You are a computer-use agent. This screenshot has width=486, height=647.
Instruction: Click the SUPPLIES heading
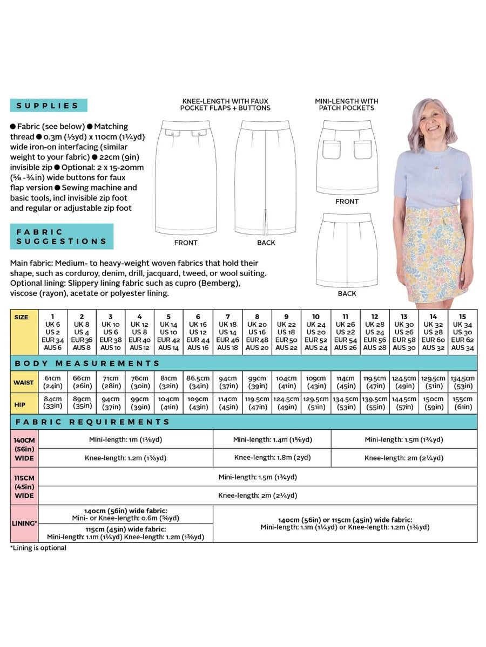coord(48,106)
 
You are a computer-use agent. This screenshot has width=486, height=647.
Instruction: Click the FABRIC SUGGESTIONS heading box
coord(62,237)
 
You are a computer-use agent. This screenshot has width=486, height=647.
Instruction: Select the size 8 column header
coord(257,332)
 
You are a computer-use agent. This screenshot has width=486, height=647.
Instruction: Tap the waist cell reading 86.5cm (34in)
coord(198,382)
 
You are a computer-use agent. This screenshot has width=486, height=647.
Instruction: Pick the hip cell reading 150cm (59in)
coord(433,403)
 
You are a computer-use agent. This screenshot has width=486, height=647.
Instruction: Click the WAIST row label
coord(24,382)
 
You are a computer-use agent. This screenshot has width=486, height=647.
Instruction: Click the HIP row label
coord(24,403)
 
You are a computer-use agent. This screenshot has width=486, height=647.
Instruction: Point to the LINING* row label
coord(24,523)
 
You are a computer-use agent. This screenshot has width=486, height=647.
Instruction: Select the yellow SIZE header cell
coord(24,332)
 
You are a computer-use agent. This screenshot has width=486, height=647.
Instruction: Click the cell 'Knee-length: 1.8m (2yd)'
coord(272,458)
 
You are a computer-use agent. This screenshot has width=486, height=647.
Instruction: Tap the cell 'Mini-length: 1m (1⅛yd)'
coord(125,439)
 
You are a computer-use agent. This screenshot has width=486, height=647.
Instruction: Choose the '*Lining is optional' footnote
coord(38,548)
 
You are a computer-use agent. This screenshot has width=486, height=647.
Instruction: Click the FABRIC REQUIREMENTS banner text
coord(92,422)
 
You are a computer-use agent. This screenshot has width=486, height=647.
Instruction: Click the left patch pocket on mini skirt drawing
coord(332,149)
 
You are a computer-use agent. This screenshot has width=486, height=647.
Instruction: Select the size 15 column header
coord(462,332)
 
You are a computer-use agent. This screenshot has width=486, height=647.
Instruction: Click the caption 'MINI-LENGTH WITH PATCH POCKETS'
coord(347,105)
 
